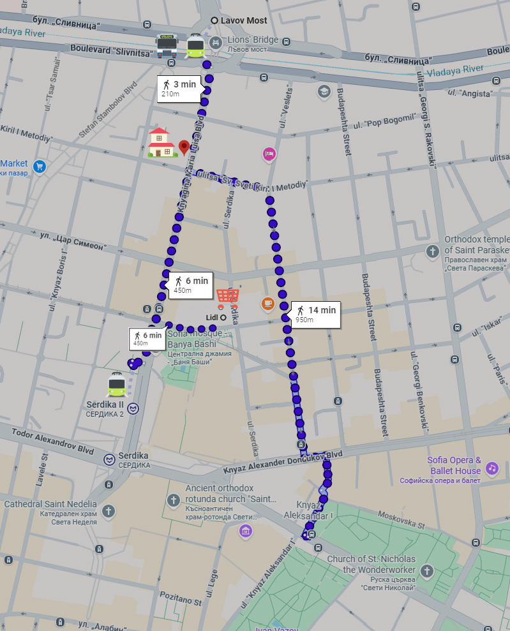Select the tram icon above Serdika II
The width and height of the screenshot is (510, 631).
click(117, 384)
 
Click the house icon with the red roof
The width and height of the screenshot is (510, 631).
click(161, 142)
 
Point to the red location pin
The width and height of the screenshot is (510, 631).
click(184, 147)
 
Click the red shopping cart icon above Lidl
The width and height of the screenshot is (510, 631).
click(228, 297)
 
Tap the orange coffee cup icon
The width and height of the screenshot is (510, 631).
click(267, 304)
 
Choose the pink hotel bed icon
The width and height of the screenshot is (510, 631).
click(269, 153)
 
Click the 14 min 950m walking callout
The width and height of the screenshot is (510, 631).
click(315, 314)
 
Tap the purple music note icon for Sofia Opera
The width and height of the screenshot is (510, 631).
click(491, 468)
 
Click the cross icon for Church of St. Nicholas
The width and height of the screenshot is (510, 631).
click(427, 570)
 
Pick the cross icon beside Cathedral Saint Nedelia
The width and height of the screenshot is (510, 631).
click(109, 511)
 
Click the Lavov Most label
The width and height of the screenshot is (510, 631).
click(243, 20)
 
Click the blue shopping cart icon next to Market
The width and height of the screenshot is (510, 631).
click(40, 167)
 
